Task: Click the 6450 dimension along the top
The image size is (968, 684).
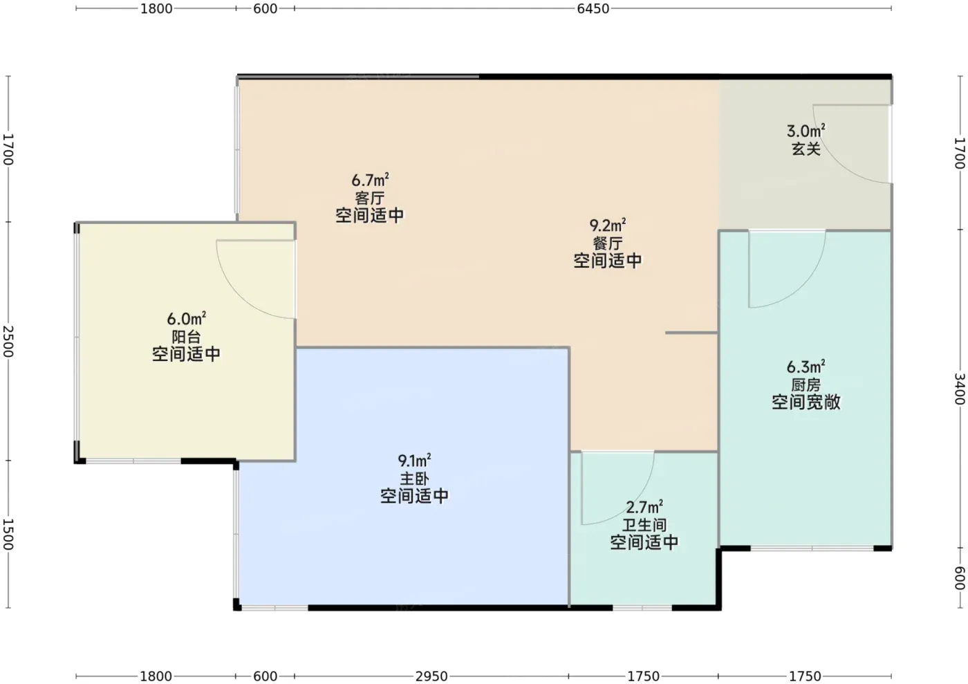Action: (x=593, y=9)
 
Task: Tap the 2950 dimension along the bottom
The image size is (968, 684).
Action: (x=431, y=676)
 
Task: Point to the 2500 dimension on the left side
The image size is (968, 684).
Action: (x=8, y=342)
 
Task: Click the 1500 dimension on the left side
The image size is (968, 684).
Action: (x=8, y=535)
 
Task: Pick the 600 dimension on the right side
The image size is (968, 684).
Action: (x=960, y=578)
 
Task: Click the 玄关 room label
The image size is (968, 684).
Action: (x=806, y=149)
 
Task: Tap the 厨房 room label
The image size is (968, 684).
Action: (x=806, y=385)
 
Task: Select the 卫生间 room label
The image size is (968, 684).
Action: (x=644, y=525)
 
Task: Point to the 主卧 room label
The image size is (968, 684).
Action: (x=414, y=479)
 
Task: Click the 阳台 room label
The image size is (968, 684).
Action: (x=186, y=337)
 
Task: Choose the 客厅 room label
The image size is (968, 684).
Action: (x=370, y=198)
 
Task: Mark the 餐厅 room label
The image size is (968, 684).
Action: (x=608, y=243)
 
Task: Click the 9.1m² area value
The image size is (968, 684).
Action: (x=414, y=461)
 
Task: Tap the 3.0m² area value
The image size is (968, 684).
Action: (x=806, y=131)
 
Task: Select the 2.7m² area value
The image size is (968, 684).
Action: (x=644, y=507)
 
